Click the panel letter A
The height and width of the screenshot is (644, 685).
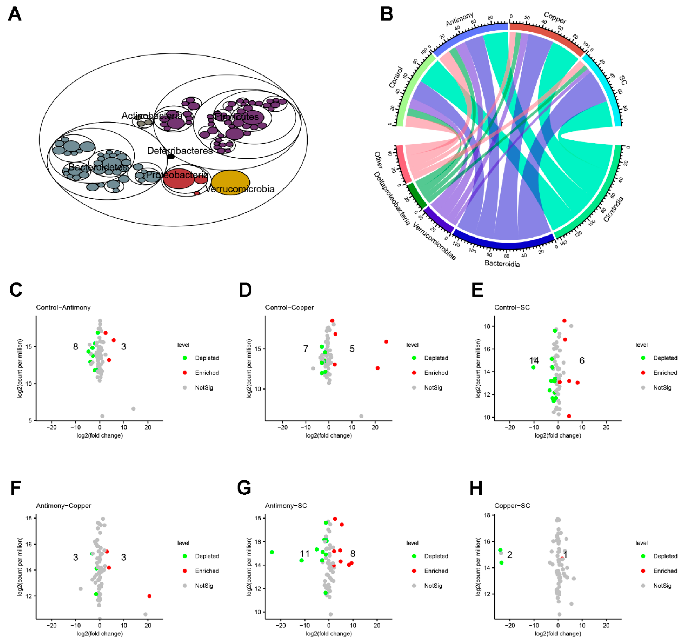pos(15,14)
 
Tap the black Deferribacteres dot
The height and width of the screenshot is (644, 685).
pos(171,157)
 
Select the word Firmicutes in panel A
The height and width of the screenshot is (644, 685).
pos(237,117)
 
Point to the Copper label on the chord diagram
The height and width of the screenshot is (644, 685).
pos(554,17)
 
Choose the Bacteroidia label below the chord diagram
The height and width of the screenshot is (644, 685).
pos(502,264)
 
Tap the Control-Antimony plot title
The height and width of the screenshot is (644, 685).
pos(63,308)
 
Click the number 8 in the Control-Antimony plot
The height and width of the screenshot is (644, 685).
pos(76,347)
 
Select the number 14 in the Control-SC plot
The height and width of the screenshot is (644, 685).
pos(534,361)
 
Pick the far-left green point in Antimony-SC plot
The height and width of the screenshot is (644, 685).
pos(272,552)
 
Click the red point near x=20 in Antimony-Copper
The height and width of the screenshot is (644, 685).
pos(149,596)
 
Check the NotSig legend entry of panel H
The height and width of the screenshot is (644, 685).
pos(662,586)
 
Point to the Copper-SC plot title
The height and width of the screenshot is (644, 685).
pos(512,506)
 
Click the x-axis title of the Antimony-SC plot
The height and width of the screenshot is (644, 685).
pos(329,634)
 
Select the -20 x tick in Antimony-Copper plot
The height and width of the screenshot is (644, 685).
pos(51,625)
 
